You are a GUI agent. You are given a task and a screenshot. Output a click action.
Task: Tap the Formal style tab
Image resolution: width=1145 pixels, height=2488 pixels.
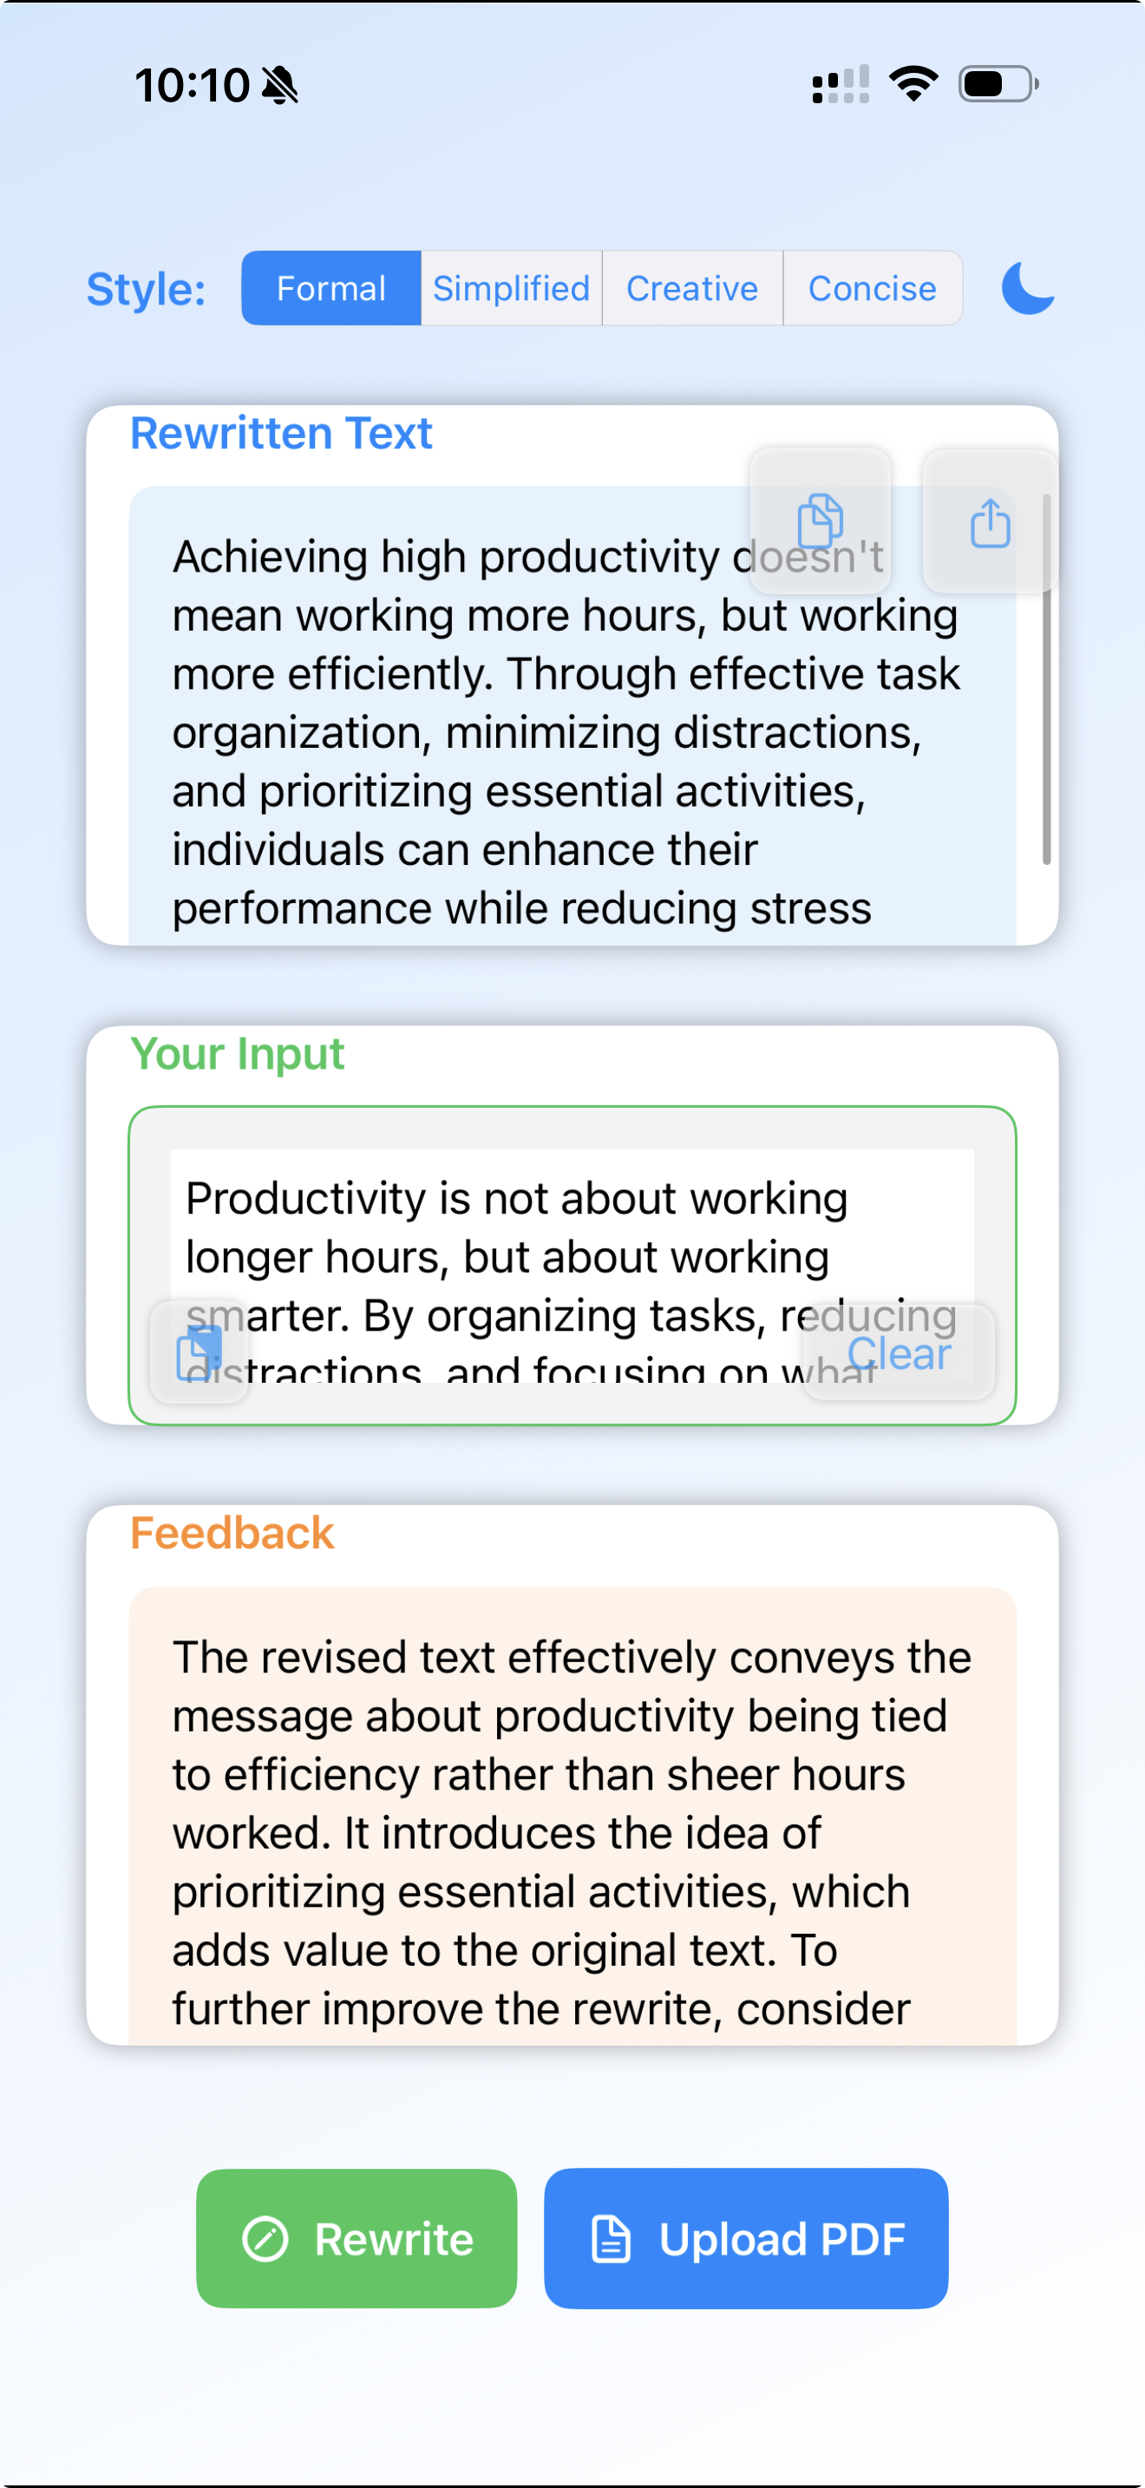tap(331, 289)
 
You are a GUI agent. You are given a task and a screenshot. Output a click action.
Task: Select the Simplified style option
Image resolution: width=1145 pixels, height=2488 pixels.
tap(511, 289)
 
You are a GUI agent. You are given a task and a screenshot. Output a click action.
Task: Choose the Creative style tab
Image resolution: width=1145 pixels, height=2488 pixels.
tap(692, 289)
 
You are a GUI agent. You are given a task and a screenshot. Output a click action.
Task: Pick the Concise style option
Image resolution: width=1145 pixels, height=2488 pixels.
tap(872, 289)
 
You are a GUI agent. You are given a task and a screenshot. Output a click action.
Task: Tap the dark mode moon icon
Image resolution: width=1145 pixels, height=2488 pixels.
tap(1027, 289)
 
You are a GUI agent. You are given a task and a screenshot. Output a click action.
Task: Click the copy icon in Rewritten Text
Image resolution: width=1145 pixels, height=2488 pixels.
tap(821, 521)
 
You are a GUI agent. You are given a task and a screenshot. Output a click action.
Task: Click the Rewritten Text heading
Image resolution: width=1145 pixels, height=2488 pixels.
tap(281, 434)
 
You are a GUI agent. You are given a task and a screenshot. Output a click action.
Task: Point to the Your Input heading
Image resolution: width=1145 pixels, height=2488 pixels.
tap(238, 1054)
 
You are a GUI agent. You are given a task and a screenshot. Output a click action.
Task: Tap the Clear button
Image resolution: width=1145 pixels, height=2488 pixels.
tap(899, 1353)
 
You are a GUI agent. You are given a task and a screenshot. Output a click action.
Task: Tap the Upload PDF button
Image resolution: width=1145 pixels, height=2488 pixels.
tap(746, 2239)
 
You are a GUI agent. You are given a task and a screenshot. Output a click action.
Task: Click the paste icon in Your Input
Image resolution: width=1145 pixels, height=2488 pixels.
tap(200, 1352)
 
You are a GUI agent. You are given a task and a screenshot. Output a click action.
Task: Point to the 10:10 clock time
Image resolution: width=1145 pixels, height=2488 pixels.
tap(192, 85)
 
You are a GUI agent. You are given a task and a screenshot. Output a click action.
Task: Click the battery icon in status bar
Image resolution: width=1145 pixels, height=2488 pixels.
tap(998, 85)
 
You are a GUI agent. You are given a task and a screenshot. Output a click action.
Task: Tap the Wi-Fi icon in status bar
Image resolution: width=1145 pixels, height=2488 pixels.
tap(913, 85)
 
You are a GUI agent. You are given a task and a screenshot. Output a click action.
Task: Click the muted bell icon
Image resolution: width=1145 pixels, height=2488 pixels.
tap(281, 86)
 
